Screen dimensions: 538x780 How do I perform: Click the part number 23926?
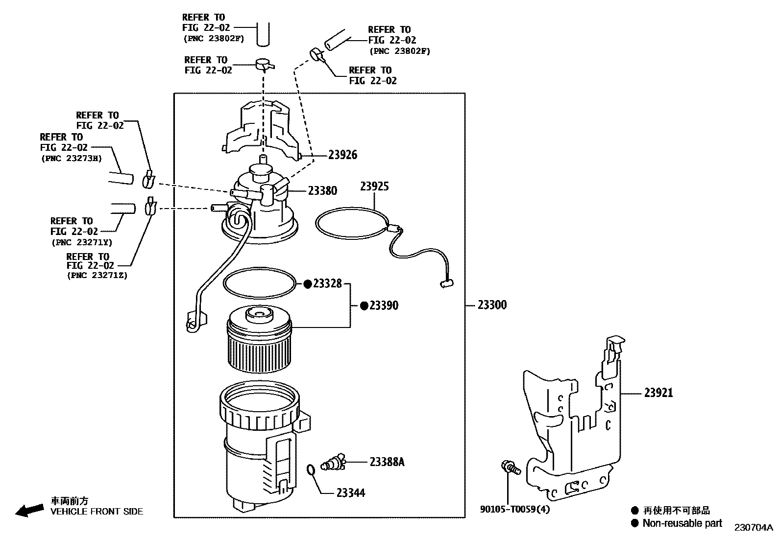(342, 155)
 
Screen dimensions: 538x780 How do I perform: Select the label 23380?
(322, 191)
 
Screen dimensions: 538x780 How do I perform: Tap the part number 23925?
(374, 187)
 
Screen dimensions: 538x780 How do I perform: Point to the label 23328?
(327, 283)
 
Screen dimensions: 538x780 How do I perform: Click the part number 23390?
(384, 305)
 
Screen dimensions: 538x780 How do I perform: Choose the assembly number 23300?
(492, 305)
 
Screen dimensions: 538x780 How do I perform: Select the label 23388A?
(387, 462)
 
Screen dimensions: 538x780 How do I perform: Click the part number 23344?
(351, 493)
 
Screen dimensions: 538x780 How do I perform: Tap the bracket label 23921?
(658, 393)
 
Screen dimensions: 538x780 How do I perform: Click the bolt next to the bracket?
(509, 467)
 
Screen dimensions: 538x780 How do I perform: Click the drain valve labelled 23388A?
(333, 463)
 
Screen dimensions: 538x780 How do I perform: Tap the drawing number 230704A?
(753, 528)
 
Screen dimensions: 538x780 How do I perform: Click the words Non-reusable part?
(682, 523)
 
